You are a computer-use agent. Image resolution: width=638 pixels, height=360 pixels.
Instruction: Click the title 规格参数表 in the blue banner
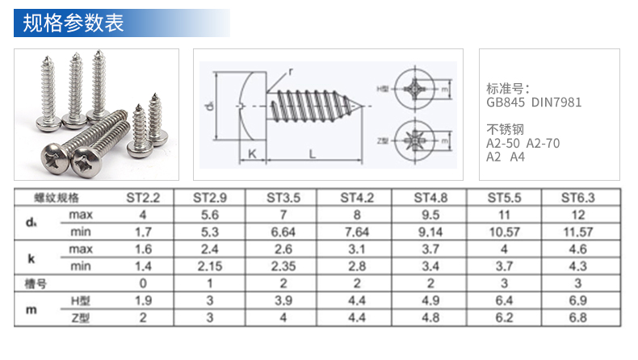point(73,23)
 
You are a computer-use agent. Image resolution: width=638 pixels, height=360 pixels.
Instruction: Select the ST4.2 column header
point(357,198)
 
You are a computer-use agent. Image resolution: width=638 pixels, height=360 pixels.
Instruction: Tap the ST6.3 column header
point(577,198)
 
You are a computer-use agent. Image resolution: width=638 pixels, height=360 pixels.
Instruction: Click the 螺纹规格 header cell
point(57,198)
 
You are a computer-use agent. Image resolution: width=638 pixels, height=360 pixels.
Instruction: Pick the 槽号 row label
point(36,283)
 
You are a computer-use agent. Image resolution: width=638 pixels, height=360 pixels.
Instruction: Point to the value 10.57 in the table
point(504,232)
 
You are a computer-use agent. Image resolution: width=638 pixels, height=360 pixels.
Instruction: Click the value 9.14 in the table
point(430,232)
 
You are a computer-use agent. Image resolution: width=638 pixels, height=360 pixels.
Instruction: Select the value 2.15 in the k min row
point(210,266)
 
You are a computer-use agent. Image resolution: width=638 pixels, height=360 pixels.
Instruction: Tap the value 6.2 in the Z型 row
point(504,318)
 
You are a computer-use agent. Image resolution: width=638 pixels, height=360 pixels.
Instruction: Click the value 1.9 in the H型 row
point(143,300)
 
